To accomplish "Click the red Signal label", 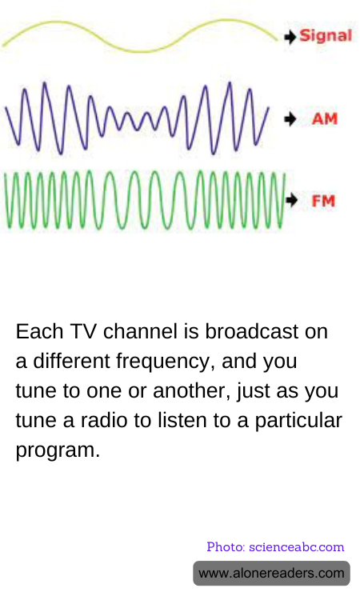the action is (x=326, y=36).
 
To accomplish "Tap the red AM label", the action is (x=325, y=119).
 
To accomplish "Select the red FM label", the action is (x=323, y=201).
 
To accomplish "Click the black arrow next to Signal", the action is (x=290, y=37).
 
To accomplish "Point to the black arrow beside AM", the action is (x=290, y=119).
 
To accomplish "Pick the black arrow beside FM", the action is (x=291, y=200).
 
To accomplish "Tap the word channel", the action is (x=140, y=331).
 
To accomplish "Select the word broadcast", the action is (x=251, y=331).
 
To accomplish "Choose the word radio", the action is (x=104, y=421).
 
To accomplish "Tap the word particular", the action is (x=298, y=422).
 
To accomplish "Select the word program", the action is (x=58, y=451).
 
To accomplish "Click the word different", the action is (x=71, y=361).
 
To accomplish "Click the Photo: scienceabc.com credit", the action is (x=275, y=547).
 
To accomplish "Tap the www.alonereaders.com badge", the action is (x=271, y=574).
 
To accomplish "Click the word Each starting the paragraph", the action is (x=39, y=331).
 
